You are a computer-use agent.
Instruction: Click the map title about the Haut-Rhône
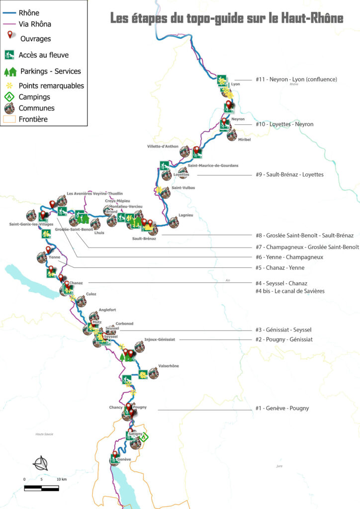[226, 19]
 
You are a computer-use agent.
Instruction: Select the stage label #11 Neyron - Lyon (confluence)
[296, 79]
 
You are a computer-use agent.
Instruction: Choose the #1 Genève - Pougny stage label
[282, 408]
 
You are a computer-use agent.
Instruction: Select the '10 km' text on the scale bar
[61, 479]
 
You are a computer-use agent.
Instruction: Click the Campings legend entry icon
[9, 97]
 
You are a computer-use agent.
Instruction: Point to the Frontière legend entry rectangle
[9, 119]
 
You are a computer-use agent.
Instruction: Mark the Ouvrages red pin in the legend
[9, 36]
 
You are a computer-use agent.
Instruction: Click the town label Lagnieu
[185, 215]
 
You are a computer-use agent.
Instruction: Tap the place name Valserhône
[168, 366]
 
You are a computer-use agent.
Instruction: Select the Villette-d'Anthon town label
[163, 147]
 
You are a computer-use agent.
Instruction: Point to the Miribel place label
[245, 140]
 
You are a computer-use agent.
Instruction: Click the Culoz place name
[91, 294]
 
